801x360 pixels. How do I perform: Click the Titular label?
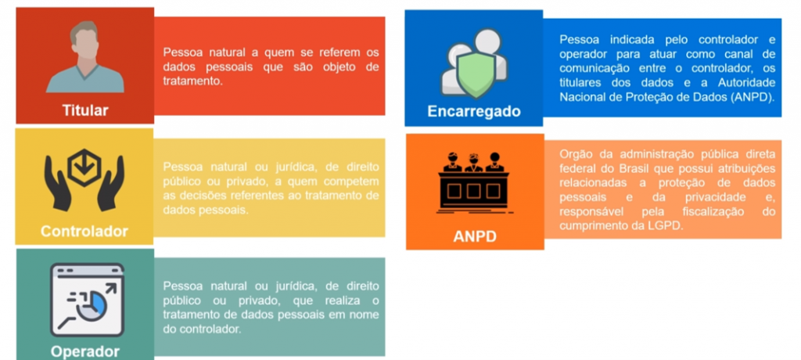pyautogui.click(x=85, y=110)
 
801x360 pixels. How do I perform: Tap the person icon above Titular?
pyautogui.click(x=84, y=57)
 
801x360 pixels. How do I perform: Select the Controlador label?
pyautogui.click(x=84, y=231)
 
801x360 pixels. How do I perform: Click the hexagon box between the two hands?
pyautogui.click(x=84, y=167)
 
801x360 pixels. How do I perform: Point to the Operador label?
pyautogui.click(x=84, y=352)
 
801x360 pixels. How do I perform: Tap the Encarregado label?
pyautogui.click(x=473, y=111)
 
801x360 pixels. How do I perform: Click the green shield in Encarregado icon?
pyautogui.click(x=476, y=73)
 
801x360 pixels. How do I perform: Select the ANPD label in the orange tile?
pyautogui.click(x=475, y=237)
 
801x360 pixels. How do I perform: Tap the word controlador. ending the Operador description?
pyautogui.click(x=210, y=329)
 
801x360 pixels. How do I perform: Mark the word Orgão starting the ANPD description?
pyautogui.click(x=575, y=154)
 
